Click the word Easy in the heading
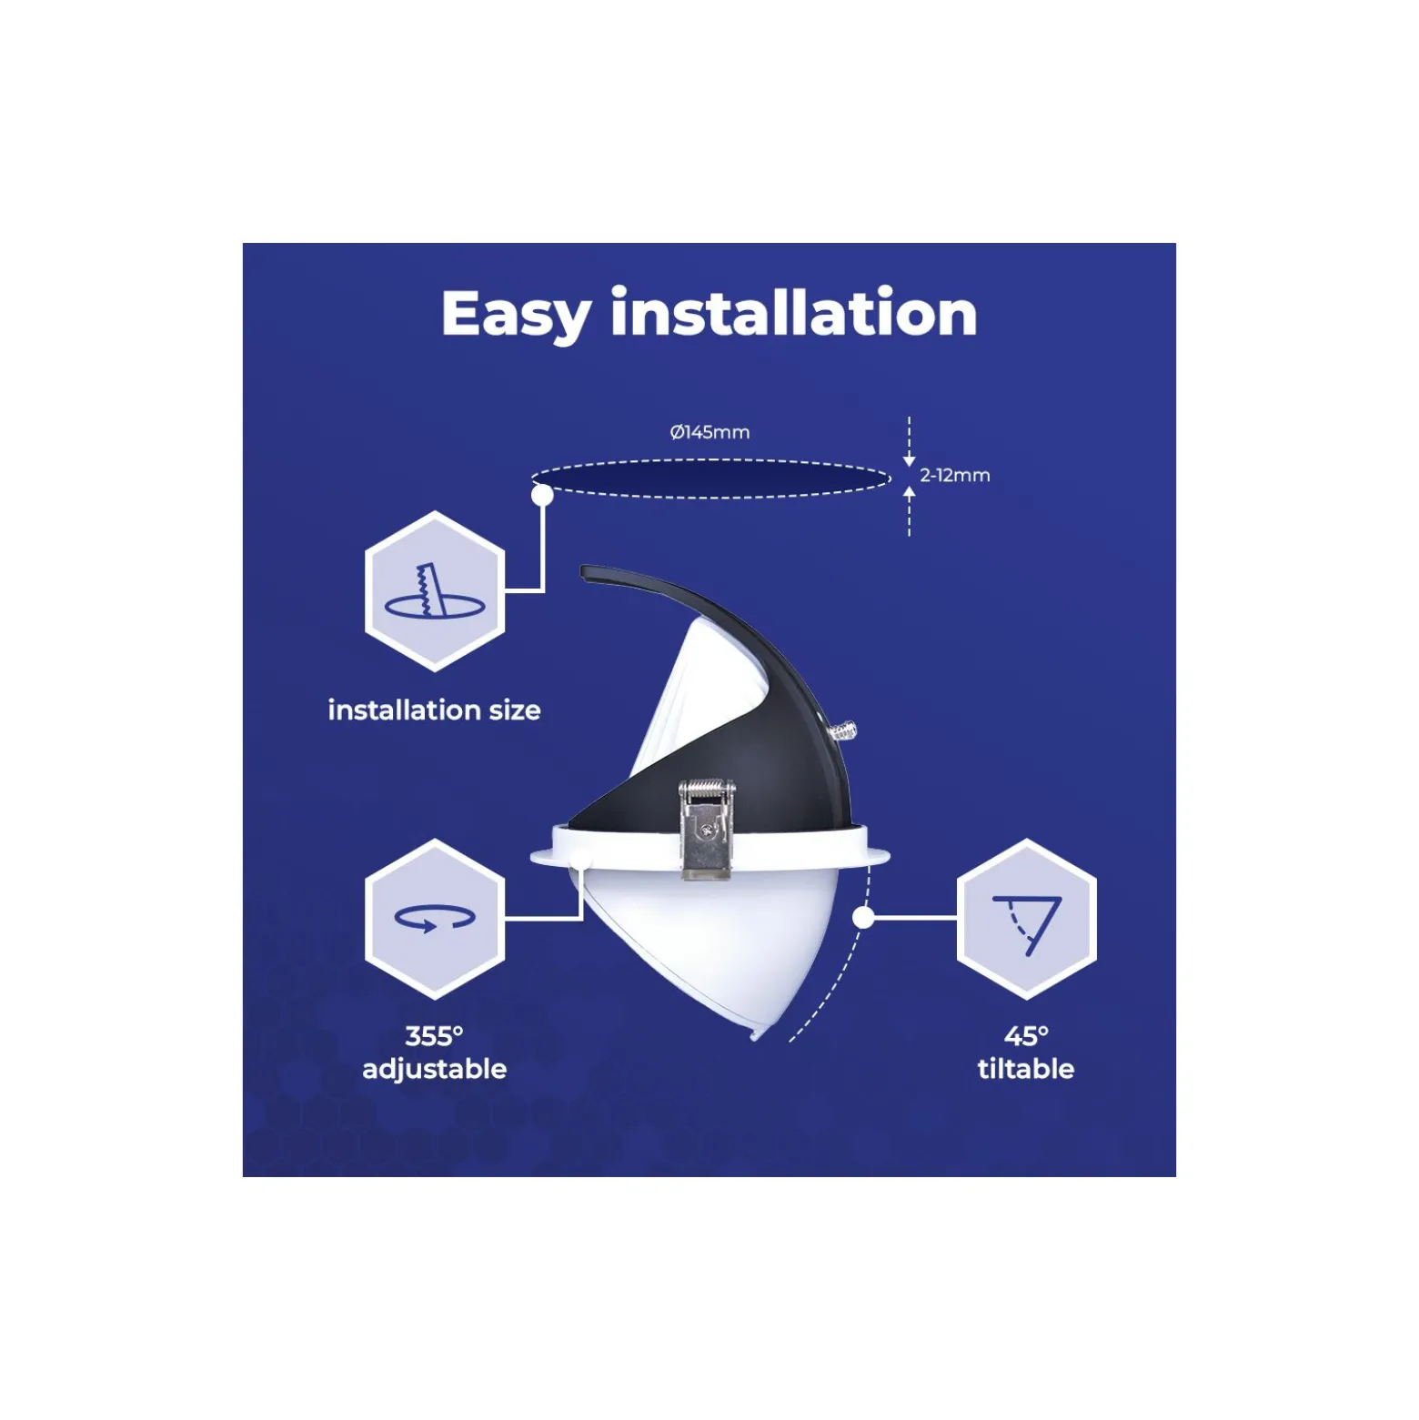[x=516, y=315]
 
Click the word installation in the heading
[x=793, y=312]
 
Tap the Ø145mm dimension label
[x=709, y=432]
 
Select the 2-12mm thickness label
[x=954, y=475]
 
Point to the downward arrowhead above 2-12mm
[x=909, y=461]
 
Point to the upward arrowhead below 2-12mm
[x=909, y=492]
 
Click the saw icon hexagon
[x=435, y=591]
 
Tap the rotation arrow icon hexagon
[x=435, y=919]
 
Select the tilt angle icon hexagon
[x=1027, y=919]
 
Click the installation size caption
[x=434, y=710]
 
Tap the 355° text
[x=434, y=1035]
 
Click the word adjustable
[x=434, y=1069]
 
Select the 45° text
[x=1026, y=1035]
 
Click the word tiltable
[x=1026, y=1068]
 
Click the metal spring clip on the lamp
[x=706, y=829]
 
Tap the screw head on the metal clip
[x=707, y=828]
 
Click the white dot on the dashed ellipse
[x=542, y=495]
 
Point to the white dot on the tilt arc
[x=864, y=918]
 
